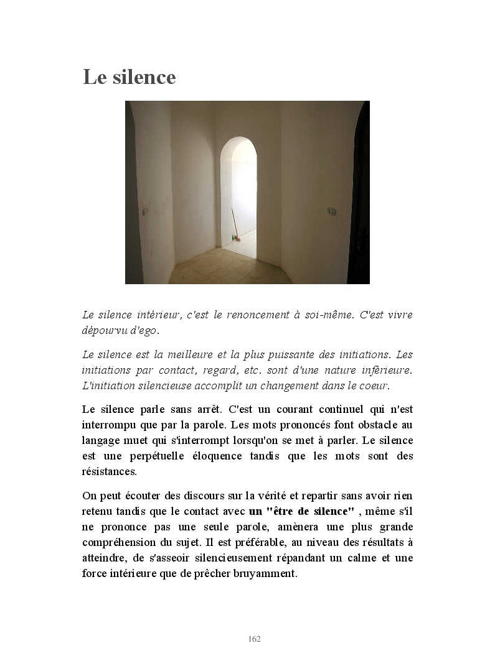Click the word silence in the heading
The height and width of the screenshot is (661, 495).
pos(144,77)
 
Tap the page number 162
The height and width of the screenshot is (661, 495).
pos(254,639)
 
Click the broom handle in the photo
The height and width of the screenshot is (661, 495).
pos(234,222)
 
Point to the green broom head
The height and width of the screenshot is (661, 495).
pos(235,238)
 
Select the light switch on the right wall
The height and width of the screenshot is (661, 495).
pos(331,211)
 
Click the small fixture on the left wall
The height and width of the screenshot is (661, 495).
pos(145,211)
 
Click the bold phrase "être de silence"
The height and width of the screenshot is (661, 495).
pos(301,512)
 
